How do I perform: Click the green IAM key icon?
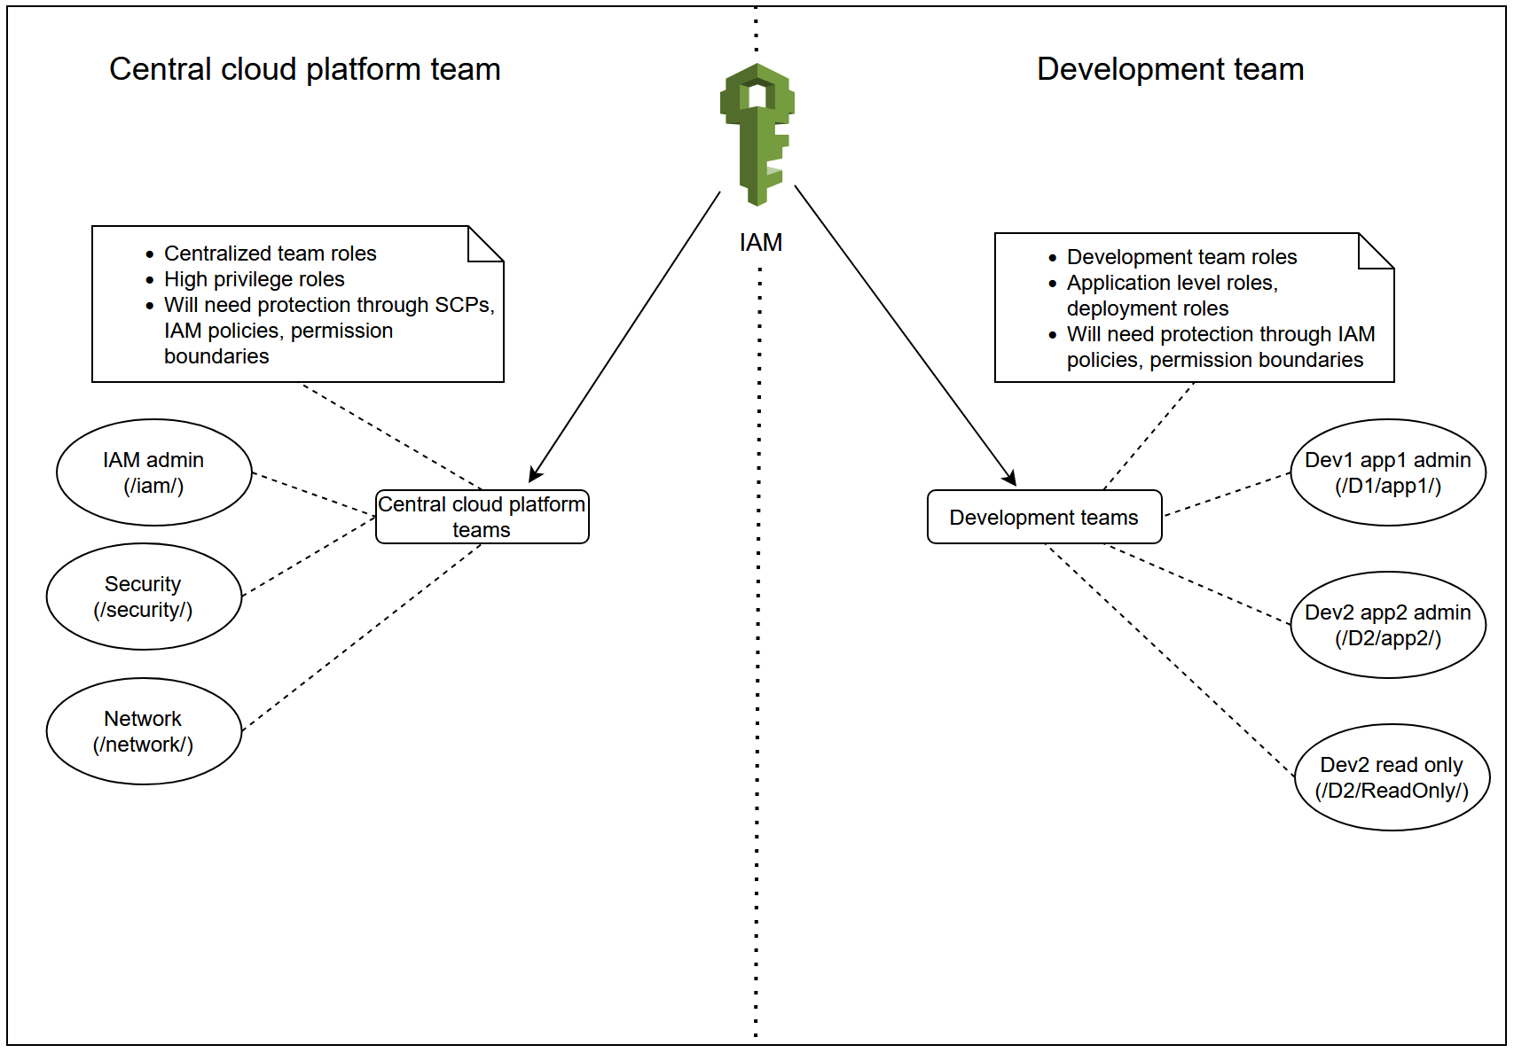point(757,133)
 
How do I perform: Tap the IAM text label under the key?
point(760,243)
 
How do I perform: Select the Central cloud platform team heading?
point(304,69)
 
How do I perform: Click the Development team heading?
point(1170,69)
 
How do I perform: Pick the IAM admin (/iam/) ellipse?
point(153,472)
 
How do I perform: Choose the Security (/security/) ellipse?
point(144,597)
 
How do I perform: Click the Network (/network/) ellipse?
point(144,731)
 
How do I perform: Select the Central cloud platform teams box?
point(482,517)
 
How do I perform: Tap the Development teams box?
point(1044,517)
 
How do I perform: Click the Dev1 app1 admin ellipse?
point(1387,472)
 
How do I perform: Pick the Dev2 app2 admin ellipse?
point(1387,625)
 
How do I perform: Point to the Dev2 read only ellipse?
point(1391,777)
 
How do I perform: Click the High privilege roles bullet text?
point(254,279)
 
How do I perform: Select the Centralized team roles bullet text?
point(270,253)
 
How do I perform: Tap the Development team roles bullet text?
point(1181,257)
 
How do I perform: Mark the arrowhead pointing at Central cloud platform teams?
point(535,474)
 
